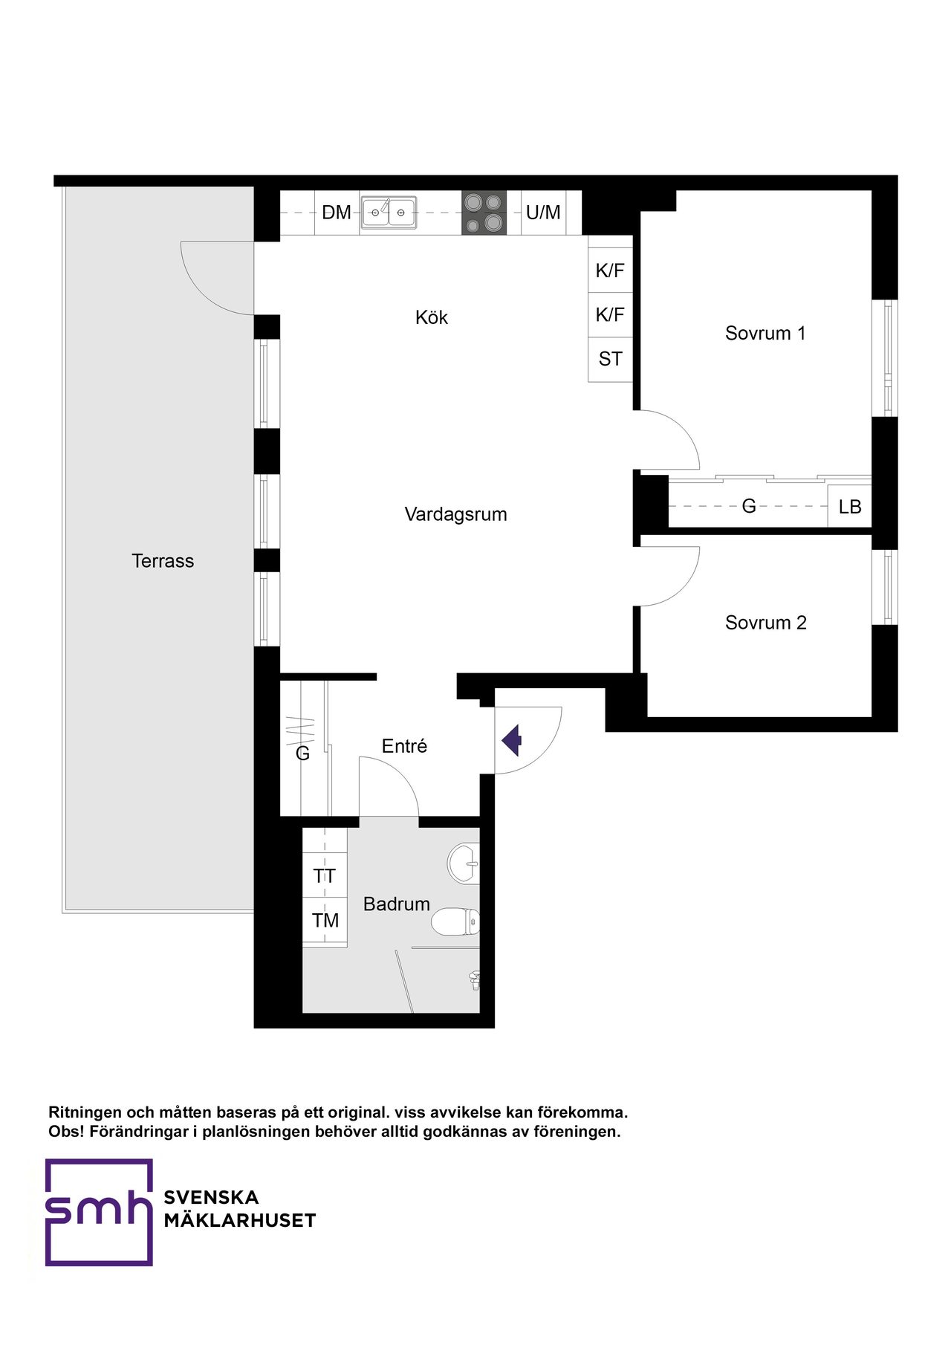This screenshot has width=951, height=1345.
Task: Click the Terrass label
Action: [x=163, y=561]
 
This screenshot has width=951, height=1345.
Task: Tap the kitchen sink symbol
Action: [x=389, y=213]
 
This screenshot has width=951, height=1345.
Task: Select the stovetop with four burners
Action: [x=484, y=213]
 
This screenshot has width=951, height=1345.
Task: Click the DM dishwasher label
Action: [x=337, y=213]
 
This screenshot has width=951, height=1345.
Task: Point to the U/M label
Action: [x=543, y=213]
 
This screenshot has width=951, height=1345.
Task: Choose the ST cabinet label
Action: [x=610, y=359]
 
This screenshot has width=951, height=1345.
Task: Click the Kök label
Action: [x=432, y=317]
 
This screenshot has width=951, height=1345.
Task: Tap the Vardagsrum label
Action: [x=455, y=514]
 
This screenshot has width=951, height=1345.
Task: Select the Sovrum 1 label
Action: [x=765, y=333]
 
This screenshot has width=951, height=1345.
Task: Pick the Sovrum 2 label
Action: [x=765, y=623]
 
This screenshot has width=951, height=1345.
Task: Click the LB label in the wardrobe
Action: [x=850, y=507]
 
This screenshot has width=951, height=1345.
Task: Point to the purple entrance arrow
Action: [x=512, y=740]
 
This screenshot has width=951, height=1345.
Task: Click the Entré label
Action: [x=404, y=746]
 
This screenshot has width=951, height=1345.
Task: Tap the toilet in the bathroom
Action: [x=455, y=921]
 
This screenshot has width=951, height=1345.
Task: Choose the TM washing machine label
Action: [x=325, y=921]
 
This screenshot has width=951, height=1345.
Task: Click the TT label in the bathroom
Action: [x=325, y=876]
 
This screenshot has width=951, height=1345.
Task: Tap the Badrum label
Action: [x=397, y=904]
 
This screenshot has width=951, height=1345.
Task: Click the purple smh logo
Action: [x=99, y=1212]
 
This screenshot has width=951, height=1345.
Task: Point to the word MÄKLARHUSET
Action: [x=240, y=1221]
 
